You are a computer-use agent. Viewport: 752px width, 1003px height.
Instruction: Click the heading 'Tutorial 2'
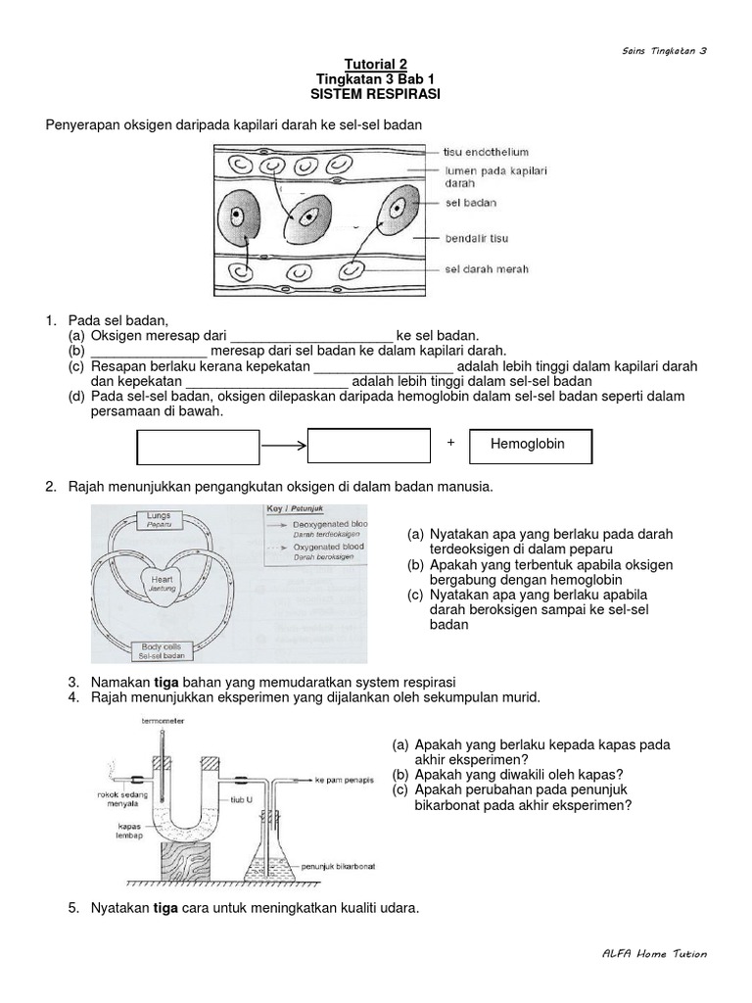(377, 62)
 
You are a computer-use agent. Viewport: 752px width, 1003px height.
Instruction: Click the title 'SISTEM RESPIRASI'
(377, 94)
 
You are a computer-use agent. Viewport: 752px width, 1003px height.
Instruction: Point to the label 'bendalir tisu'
(477, 238)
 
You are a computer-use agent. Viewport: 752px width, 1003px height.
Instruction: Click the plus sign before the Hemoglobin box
(451, 443)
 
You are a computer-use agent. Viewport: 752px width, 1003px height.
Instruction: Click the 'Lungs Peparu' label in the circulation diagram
(159, 519)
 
